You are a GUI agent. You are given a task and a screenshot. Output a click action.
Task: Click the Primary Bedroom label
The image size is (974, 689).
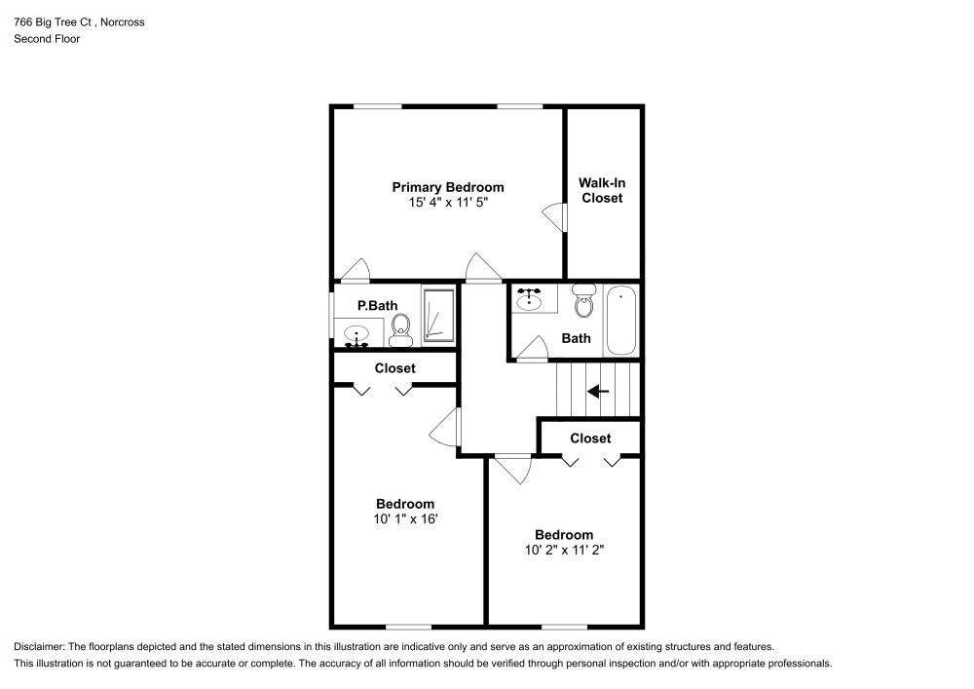pyautogui.click(x=447, y=187)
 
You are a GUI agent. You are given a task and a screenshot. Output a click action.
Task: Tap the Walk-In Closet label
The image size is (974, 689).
pyautogui.click(x=601, y=190)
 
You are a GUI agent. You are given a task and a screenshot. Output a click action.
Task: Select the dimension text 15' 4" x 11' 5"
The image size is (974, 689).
pyautogui.click(x=447, y=203)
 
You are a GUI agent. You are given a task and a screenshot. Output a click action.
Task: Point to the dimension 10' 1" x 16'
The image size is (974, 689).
pyautogui.click(x=405, y=519)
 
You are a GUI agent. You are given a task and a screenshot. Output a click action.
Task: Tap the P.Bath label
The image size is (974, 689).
pyautogui.click(x=377, y=306)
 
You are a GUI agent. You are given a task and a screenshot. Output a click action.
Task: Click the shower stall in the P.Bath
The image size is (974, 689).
pyautogui.click(x=438, y=316)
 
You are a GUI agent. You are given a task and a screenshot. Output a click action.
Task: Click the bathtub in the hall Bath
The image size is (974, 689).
pyautogui.click(x=620, y=321)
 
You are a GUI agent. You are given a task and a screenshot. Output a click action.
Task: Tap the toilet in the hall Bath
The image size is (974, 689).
pyautogui.click(x=583, y=301)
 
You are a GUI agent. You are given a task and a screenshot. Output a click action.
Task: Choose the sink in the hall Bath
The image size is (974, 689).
pyautogui.click(x=531, y=298)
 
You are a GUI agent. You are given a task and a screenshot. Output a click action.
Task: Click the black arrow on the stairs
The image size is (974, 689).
pyautogui.click(x=597, y=392)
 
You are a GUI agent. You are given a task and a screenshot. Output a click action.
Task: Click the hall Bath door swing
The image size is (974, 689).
pyautogui.click(x=532, y=349)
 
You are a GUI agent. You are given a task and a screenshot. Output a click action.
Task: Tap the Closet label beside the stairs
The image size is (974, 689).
pyautogui.click(x=590, y=439)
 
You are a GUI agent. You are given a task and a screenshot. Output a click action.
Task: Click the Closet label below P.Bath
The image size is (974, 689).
pyautogui.click(x=394, y=368)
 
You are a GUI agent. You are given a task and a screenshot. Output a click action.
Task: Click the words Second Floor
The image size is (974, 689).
pyautogui.click(x=47, y=39)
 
